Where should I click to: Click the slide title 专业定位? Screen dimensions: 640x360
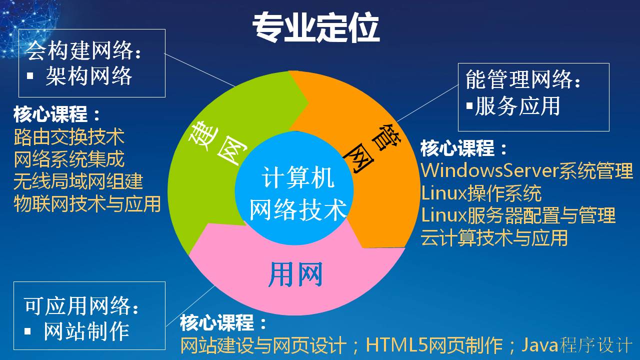click(315, 27)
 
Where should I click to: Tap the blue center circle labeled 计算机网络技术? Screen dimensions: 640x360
click(294, 188)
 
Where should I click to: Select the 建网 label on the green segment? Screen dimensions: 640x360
click(217, 143)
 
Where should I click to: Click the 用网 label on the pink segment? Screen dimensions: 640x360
click(295, 274)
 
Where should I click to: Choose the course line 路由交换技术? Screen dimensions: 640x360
click(69, 137)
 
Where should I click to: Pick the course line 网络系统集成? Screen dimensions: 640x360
click(69, 159)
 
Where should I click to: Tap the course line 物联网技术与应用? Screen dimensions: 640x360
click(87, 203)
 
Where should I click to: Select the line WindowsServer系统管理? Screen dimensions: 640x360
click(527, 170)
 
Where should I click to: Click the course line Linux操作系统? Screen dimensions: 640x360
click(481, 193)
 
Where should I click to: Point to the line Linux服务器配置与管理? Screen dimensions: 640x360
click(518, 215)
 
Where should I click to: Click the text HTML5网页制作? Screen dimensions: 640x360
click(434, 345)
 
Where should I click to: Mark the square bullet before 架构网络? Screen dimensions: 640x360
click(30, 75)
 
